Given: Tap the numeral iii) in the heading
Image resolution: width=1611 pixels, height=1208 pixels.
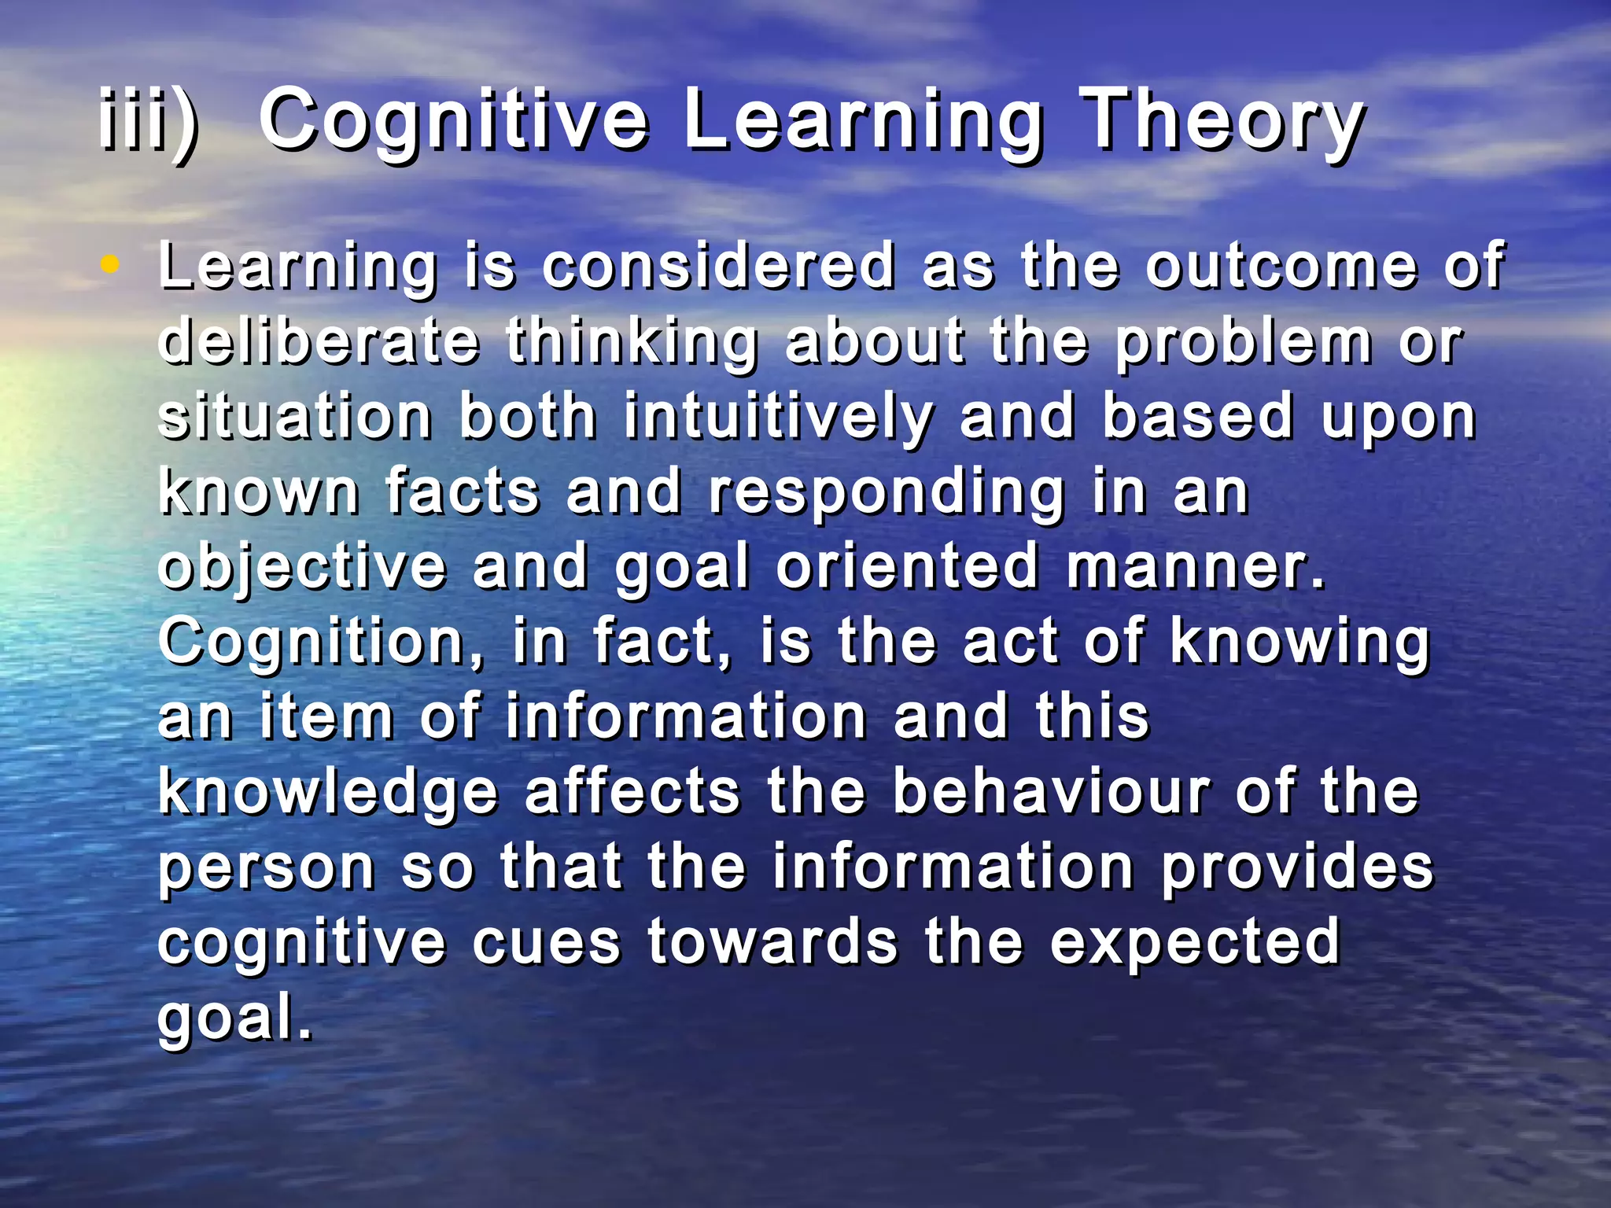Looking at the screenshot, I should point(149,122).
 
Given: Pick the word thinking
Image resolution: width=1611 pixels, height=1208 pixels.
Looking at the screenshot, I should point(632,343).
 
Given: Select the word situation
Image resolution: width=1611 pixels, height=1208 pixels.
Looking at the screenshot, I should point(295,417).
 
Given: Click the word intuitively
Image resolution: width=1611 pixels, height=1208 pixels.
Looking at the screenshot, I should point(779,417).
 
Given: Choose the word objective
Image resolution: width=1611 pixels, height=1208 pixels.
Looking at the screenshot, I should point(302,568).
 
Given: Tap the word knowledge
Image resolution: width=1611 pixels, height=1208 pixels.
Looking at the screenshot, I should point(328,793).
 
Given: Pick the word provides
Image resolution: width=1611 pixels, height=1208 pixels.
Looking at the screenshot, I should point(1297,868).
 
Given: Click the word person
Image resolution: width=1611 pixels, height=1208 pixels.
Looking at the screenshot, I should point(266,868).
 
